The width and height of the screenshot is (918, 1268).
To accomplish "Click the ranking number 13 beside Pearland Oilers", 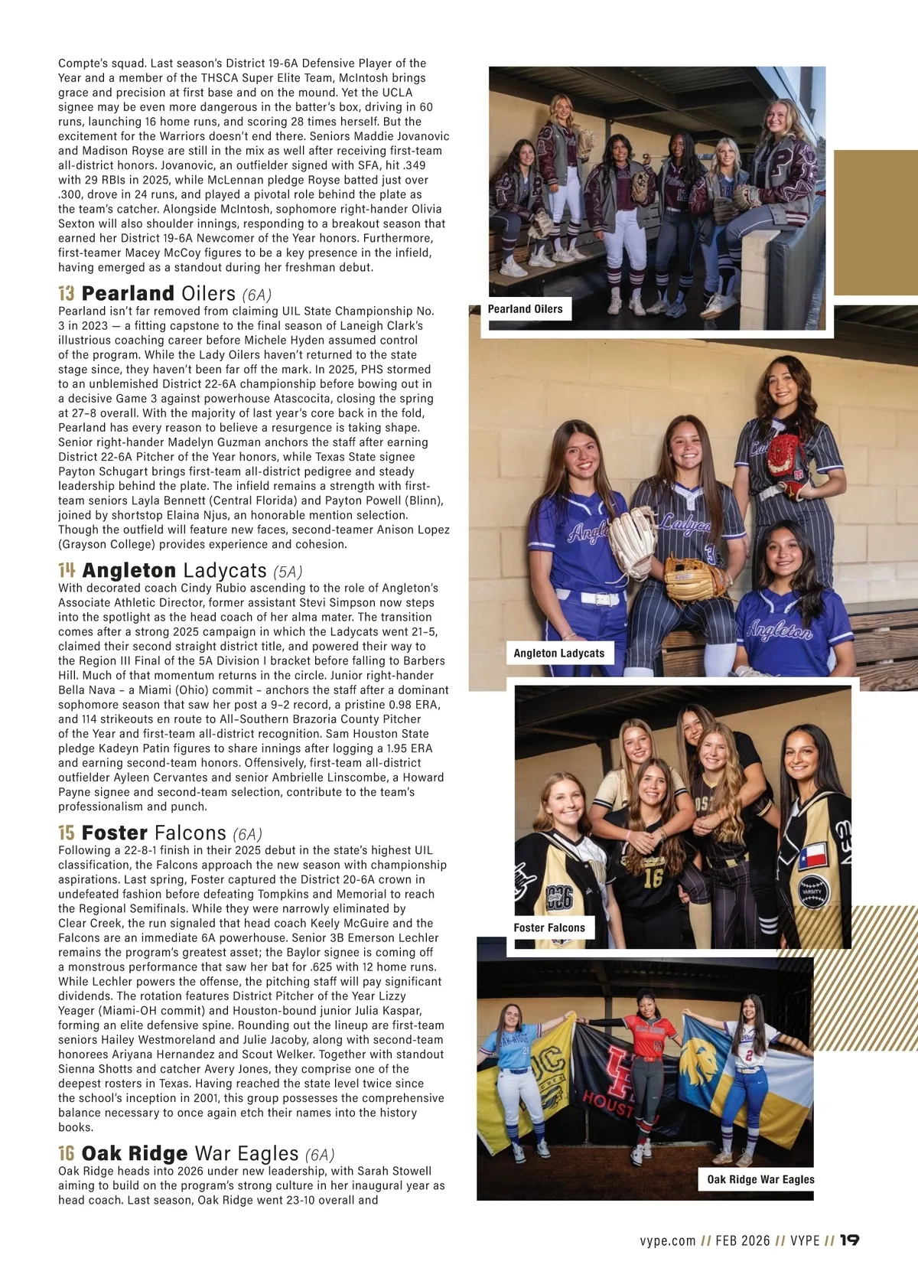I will pyautogui.click(x=67, y=294).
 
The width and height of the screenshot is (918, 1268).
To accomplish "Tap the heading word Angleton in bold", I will pyautogui.click(x=129, y=571).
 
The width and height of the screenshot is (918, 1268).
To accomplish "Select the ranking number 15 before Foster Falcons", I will pyautogui.click(x=67, y=833).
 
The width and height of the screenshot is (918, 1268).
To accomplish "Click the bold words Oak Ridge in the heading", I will pyautogui.click(x=135, y=1154).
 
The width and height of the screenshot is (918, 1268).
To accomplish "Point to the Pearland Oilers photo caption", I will pyautogui.click(x=525, y=309).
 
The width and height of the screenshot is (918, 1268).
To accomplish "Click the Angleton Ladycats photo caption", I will pyautogui.click(x=558, y=654).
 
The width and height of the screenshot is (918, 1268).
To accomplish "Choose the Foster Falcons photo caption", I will pyautogui.click(x=549, y=928).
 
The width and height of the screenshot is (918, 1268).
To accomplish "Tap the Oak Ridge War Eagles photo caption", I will pyautogui.click(x=760, y=1180).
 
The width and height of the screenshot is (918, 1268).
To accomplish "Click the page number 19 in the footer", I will pyautogui.click(x=849, y=1240).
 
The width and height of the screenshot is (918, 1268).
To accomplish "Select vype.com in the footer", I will pyautogui.click(x=668, y=1240).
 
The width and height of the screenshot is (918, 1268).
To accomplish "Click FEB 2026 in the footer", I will pyautogui.click(x=743, y=1240).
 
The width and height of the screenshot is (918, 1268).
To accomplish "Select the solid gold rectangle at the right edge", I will pyautogui.click(x=875, y=222).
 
